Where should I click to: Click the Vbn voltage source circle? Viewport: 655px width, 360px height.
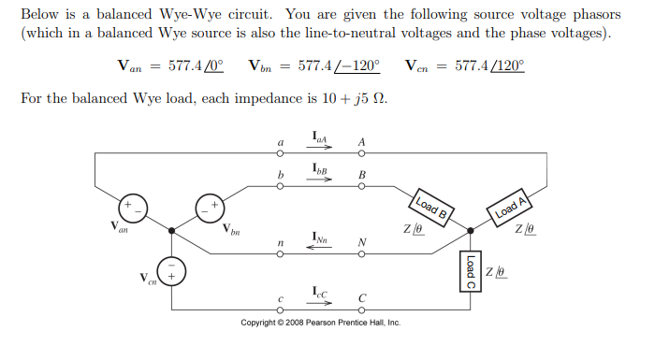[208, 207]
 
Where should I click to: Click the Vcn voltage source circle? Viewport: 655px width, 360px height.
[170, 272]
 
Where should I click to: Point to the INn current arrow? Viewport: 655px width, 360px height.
[321, 247]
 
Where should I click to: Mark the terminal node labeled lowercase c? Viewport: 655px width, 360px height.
[281, 310]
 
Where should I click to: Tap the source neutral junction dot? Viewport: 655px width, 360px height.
[170, 228]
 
